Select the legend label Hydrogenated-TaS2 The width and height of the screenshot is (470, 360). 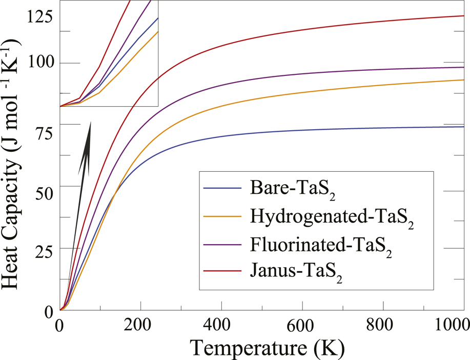(x=332, y=218)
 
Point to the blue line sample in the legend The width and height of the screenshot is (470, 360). (x=222, y=188)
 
